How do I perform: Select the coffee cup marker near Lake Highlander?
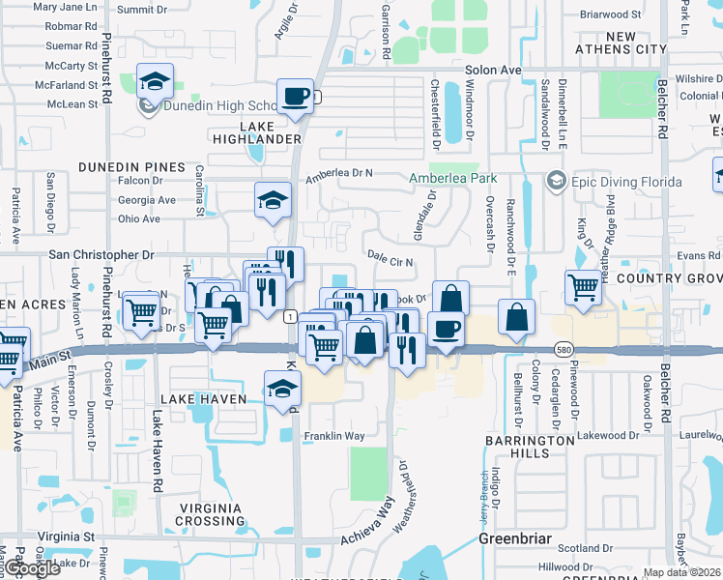pos(295,97)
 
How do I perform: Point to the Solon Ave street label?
pos(493,71)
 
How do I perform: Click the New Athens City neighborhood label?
pos(621,43)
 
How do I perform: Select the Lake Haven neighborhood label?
pos(205,399)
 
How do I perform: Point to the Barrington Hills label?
pos(530,447)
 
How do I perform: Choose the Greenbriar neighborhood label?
pos(514,536)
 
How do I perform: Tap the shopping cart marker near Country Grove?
pos(584,286)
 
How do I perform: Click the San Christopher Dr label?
pos(101,255)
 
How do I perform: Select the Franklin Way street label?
pos(334,436)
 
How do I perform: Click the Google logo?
pos(33,568)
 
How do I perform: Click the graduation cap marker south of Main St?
pos(282,389)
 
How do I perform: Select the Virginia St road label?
pos(67,536)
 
